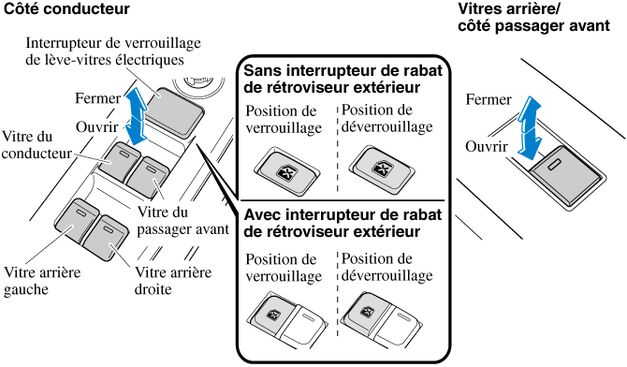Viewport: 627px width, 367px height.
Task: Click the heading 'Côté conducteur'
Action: click(66, 8)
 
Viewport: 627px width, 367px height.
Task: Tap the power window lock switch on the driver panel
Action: click(174, 112)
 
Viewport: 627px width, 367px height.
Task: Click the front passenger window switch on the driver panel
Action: click(147, 177)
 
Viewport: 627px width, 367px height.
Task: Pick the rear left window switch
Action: click(77, 221)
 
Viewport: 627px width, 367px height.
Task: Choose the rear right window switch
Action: click(106, 237)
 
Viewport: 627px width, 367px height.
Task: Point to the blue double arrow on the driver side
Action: click(134, 117)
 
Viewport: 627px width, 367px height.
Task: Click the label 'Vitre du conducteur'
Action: click(36, 144)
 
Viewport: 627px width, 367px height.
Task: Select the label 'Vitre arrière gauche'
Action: click(42, 280)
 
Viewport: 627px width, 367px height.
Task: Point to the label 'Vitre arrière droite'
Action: click(173, 280)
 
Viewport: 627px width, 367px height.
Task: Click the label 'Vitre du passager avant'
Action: click(182, 221)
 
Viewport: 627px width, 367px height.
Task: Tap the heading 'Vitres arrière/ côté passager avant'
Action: click(533, 17)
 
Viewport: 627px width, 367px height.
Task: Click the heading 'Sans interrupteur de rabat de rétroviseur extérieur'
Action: click(343, 79)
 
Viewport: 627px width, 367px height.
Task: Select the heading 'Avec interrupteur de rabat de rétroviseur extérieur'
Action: click(343, 223)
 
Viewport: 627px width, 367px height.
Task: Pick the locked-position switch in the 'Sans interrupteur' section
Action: click(287, 170)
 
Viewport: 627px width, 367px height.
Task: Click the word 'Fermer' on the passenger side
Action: click(488, 99)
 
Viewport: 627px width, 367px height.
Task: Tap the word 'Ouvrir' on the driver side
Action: click(96, 127)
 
